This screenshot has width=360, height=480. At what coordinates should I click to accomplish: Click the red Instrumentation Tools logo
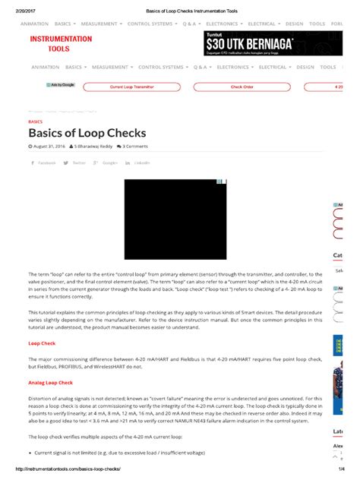click(x=61, y=43)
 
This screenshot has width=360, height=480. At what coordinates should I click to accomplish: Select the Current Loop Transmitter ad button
click(x=131, y=87)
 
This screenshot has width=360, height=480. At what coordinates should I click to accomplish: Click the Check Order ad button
click(x=242, y=87)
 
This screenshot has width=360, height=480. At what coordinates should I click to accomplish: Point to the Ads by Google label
click(x=61, y=85)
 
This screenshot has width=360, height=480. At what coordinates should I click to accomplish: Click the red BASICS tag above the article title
click(x=35, y=122)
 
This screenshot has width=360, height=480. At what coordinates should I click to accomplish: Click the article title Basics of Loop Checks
click(x=87, y=134)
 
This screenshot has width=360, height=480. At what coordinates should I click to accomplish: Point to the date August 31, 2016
click(x=48, y=147)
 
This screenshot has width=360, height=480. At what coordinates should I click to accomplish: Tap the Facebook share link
click(x=43, y=163)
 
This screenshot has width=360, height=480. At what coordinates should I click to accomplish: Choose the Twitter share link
click(x=74, y=163)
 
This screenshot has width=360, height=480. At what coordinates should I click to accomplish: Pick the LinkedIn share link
click(x=138, y=163)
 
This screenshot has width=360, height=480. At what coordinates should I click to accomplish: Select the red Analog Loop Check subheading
click(x=50, y=383)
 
